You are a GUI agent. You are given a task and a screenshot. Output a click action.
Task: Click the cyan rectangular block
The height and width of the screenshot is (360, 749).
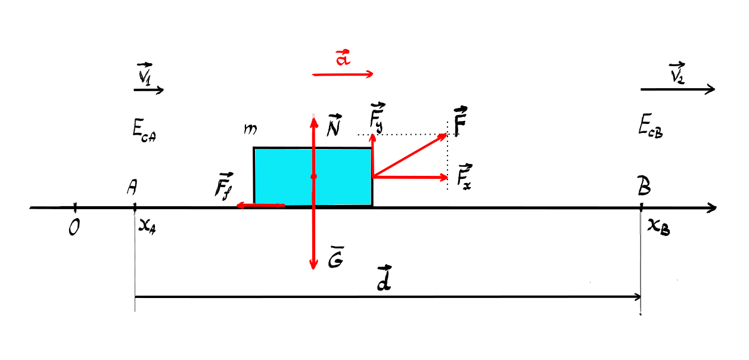(x=313, y=176)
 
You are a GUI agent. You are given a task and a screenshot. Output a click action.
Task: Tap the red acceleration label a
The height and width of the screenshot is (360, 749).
(x=343, y=57)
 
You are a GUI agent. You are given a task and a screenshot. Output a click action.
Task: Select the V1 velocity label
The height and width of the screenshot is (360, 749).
(x=145, y=73)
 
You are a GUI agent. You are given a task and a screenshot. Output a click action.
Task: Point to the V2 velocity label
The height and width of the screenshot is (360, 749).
(x=677, y=72)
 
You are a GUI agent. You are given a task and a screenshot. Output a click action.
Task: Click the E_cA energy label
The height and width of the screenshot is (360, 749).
(x=144, y=131)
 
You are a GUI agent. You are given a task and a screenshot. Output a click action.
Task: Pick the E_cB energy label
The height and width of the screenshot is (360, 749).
(x=650, y=126)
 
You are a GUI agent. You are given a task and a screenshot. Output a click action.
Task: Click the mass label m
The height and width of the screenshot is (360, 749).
(x=250, y=129)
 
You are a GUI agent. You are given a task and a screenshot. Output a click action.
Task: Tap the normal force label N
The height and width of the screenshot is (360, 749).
(x=334, y=126)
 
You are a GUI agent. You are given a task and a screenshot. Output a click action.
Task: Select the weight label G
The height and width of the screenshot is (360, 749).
(x=335, y=257)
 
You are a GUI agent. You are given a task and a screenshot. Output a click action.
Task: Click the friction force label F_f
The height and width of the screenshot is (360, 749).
(x=224, y=186)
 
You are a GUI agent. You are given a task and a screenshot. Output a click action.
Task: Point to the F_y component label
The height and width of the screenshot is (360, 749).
(x=377, y=117)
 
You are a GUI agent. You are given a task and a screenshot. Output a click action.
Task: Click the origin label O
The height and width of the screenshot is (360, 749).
(x=74, y=228)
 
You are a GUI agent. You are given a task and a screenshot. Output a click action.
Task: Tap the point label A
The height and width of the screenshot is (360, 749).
(x=132, y=187)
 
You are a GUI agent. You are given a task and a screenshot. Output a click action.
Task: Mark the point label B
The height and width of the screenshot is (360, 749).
(x=644, y=185)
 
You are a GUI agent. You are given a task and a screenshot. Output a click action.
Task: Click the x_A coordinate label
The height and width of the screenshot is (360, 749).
(x=147, y=227)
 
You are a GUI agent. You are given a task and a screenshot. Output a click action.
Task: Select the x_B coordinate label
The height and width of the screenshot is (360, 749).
(x=658, y=228)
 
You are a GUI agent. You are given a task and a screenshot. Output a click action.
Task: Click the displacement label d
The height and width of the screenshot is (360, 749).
(x=384, y=278)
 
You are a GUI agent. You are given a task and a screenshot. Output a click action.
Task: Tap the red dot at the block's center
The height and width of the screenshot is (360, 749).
(x=313, y=176)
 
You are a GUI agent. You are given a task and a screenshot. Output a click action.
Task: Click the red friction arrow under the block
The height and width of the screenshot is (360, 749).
(x=261, y=205)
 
